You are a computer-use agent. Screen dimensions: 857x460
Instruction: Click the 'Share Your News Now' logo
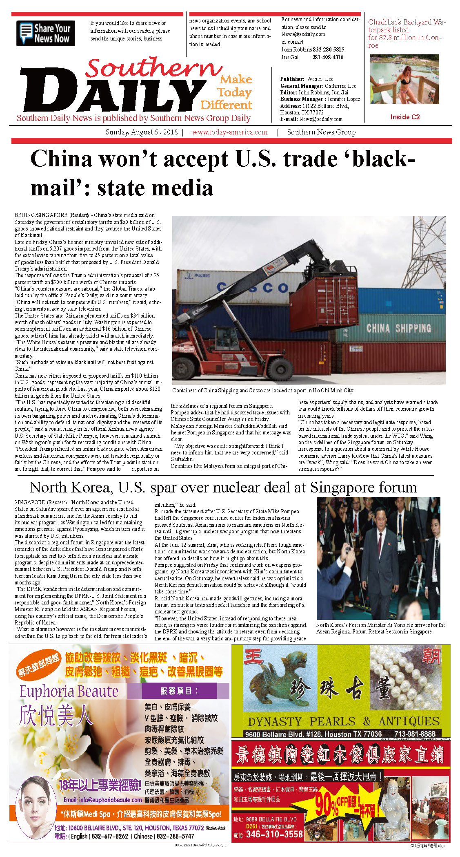[x=45, y=33]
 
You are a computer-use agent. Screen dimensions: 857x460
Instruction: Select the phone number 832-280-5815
[x=328, y=49]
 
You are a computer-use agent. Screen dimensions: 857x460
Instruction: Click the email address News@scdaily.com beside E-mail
[x=320, y=119]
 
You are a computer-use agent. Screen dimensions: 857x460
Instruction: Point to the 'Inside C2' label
[x=404, y=117]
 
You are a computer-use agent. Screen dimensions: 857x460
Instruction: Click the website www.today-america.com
[x=230, y=132]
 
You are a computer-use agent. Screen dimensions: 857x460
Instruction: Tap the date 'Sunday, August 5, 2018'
[x=142, y=132]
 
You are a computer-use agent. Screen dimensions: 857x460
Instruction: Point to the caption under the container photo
[x=262, y=390]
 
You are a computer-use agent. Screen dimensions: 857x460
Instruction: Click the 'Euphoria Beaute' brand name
[x=69, y=691]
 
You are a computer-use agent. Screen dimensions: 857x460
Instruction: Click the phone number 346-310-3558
[x=274, y=834]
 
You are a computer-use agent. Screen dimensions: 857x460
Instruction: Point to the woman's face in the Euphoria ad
[x=36, y=801]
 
